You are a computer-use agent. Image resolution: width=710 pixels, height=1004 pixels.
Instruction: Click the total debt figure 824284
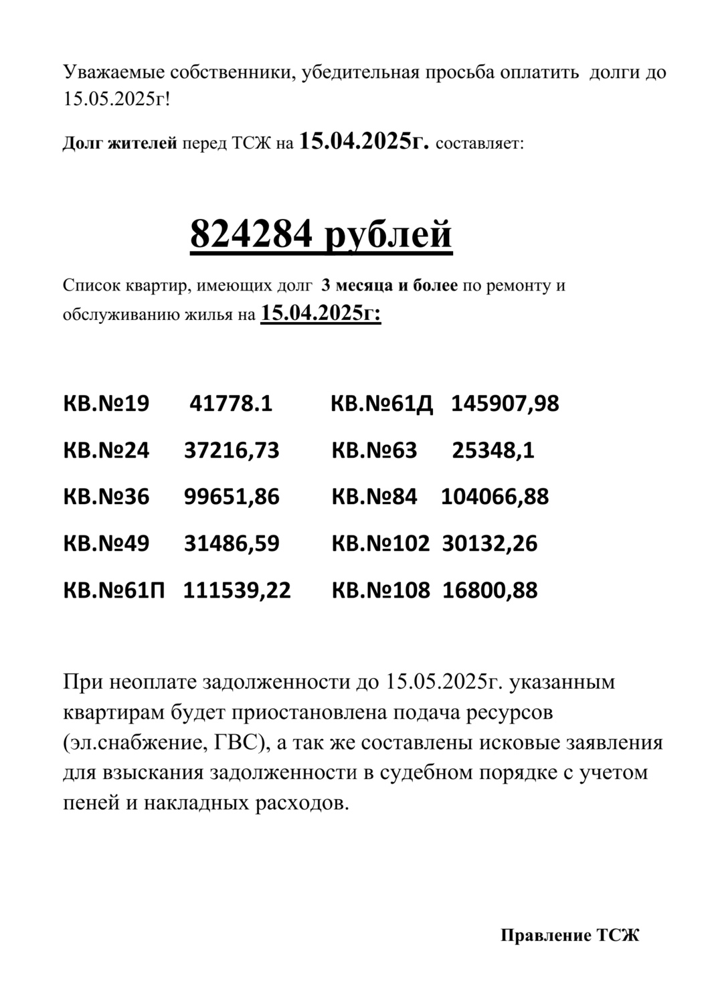click(x=252, y=235)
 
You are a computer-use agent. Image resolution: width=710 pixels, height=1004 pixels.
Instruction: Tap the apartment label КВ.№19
click(x=106, y=404)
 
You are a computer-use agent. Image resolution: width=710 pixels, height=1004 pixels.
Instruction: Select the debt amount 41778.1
click(x=231, y=404)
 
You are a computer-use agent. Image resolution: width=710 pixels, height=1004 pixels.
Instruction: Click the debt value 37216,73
click(x=232, y=450)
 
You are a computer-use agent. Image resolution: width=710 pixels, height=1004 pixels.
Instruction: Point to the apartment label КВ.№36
click(x=106, y=497)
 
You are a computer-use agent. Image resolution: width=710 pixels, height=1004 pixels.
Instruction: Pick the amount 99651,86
click(x=232, y=497)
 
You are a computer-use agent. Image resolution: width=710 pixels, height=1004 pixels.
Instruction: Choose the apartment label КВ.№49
click(x=106, y=543)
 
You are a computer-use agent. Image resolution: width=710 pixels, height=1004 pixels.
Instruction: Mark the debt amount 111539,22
click(x=238, y=590)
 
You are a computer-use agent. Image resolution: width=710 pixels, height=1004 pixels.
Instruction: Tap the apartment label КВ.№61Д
click(x=382, y=404)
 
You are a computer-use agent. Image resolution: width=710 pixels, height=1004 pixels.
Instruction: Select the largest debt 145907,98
click(x=505, y=404)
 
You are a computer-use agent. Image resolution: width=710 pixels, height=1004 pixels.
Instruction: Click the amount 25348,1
click(x=493, y=450)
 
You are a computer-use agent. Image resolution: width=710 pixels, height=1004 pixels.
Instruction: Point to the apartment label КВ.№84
click(x=374, y=497)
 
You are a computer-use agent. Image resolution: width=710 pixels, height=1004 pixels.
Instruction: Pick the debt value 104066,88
click(x=495, y=497)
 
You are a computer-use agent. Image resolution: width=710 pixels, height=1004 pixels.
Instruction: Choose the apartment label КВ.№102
click(x=380, y=543)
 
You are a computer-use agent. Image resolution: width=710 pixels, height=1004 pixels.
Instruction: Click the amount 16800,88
click(x=490, y=590)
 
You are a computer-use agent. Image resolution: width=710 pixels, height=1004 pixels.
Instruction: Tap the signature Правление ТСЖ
click(x=570, y=936)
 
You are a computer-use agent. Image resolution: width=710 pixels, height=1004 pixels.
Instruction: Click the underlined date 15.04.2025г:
click(x=321, y=313)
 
